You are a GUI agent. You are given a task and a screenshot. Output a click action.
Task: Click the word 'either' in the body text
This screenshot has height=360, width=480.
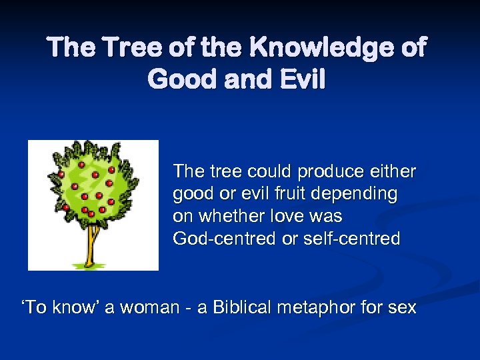pos(391,171)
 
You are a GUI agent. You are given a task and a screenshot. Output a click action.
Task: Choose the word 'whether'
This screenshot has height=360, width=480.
pos(233,216)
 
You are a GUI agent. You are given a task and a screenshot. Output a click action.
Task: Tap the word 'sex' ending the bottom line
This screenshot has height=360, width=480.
pos(401,307)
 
